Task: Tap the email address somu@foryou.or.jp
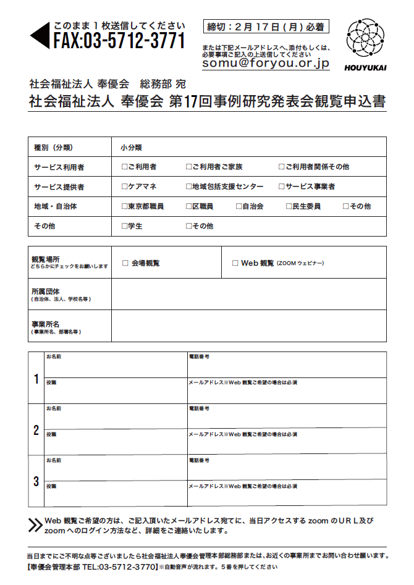[266, 63]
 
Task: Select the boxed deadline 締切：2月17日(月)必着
[266, 27]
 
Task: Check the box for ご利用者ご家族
[188, 167]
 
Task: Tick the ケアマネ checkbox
[124, 187]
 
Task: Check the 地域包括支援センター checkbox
[188, 187]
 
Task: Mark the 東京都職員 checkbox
[124, 206]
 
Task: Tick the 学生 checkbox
[124, 226]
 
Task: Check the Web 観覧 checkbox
[235, 263]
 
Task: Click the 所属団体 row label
[46, 290]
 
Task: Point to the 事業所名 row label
[46, 323]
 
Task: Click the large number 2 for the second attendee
[36, 430]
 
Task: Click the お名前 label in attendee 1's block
[54, 357]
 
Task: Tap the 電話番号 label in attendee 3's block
[198, 461]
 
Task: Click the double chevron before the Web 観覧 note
[35, 525]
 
